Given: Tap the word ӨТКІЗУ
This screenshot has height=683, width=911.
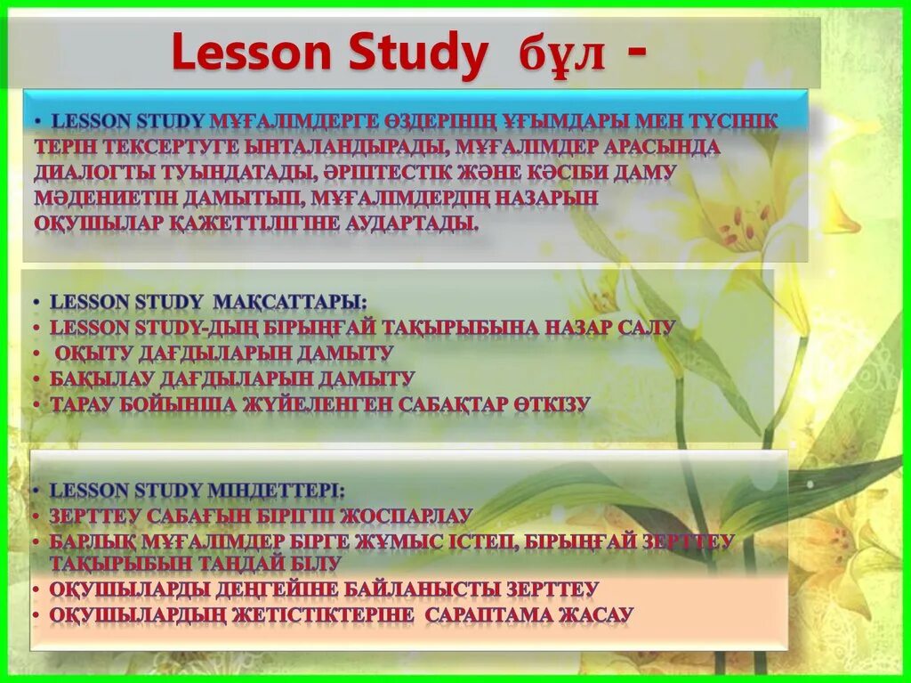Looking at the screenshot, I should coord(551,404).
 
